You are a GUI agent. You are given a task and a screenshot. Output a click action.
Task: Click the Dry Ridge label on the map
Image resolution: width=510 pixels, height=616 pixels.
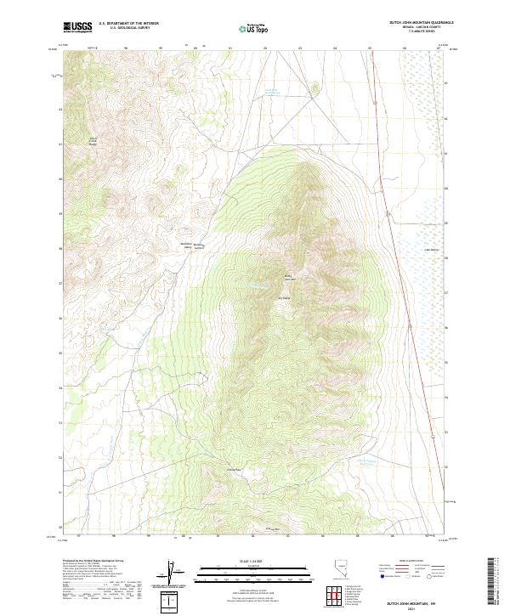285,297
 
